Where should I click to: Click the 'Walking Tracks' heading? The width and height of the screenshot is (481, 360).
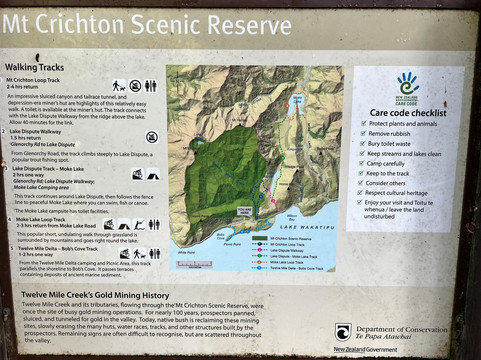35,67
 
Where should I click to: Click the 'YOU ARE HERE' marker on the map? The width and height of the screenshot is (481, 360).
246,211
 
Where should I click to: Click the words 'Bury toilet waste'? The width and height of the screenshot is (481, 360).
394,143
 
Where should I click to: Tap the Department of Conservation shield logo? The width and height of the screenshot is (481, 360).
343,332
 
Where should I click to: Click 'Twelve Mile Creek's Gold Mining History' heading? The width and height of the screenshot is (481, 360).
90,296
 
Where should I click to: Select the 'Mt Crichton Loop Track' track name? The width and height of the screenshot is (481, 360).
35,79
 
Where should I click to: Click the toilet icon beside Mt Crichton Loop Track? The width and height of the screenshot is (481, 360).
151,86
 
